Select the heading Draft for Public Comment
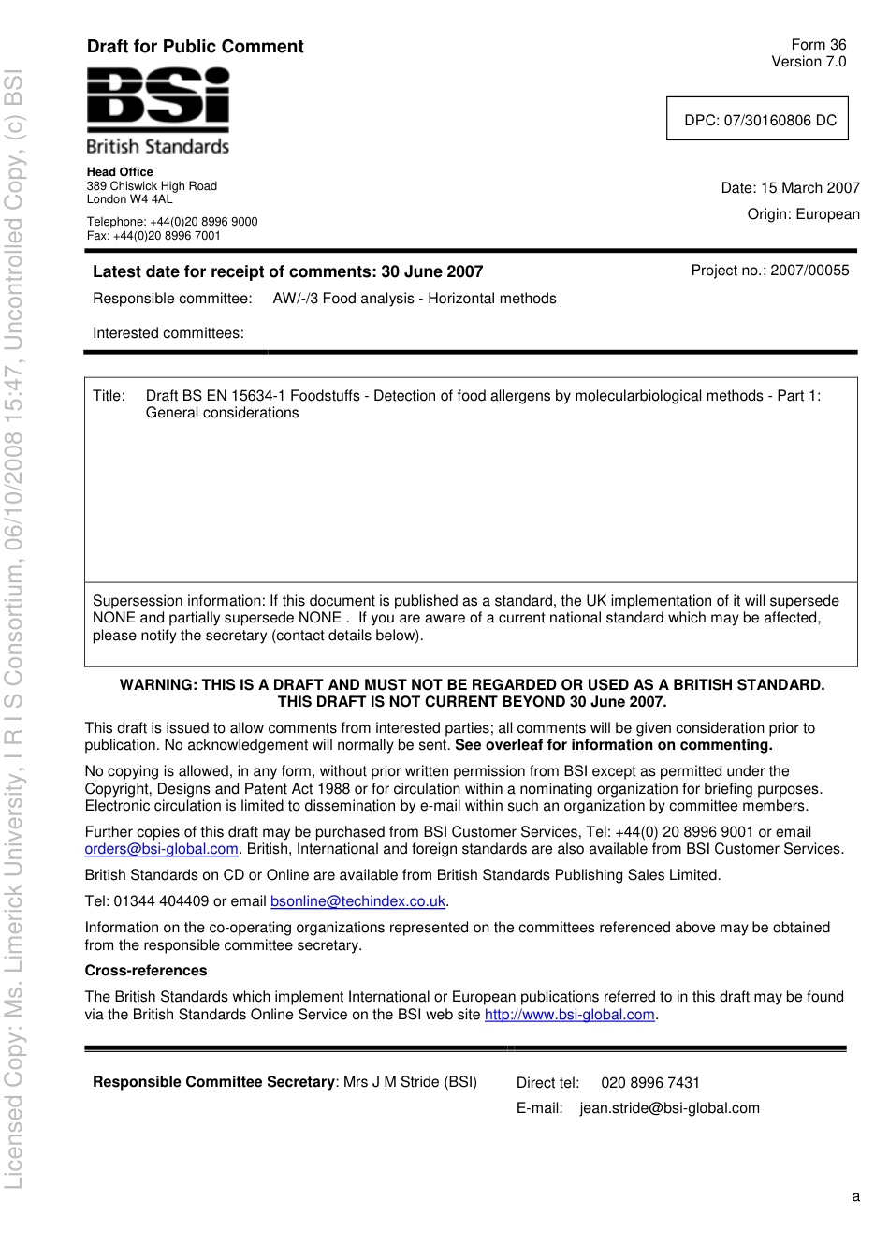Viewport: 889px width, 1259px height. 195,47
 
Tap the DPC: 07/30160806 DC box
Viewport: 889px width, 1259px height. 757,120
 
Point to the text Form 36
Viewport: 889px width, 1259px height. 818,45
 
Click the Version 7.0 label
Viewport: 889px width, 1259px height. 808,62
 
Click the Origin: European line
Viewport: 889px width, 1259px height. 803,214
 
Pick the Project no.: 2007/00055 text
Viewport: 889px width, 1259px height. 769,271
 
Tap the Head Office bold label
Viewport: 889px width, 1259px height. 120,172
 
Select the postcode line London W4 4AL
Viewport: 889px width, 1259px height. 129,199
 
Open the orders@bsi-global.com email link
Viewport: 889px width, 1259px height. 161,849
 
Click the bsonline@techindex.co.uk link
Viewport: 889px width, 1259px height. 357,901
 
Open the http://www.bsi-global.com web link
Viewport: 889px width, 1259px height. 569,1015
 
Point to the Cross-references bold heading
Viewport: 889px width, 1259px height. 145,971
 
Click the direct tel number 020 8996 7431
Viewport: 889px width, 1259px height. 649,1083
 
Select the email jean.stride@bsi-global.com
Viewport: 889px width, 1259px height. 669,1108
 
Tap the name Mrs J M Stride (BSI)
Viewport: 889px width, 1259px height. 410,1082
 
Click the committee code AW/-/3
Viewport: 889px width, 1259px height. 294,299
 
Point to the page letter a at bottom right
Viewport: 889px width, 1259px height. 855,1196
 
